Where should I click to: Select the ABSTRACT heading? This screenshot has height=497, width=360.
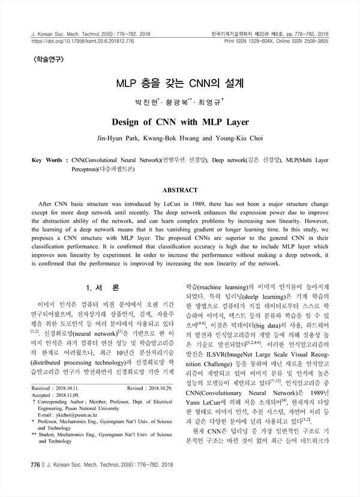[x=179, y=190]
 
